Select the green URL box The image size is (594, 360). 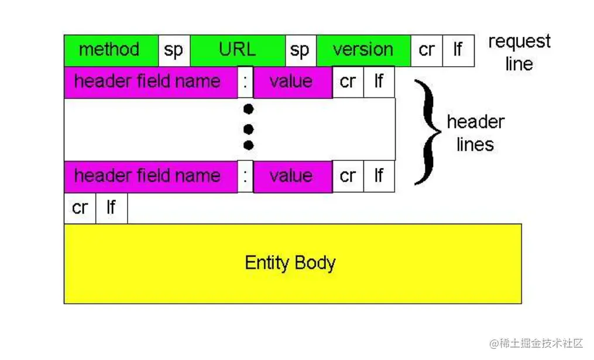(x=238, y=50)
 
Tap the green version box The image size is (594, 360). (x=363, y=50)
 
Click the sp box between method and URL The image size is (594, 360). (x=174, y=50)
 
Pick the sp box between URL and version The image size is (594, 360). (x=300, y=50)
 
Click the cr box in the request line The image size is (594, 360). (x=427, y=50)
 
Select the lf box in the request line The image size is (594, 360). (x=458, y=50)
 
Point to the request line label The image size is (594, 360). (x=519, y=53)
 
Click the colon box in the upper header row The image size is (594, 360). (x=246, y=82)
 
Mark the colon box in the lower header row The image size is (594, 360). (x=246, y=176)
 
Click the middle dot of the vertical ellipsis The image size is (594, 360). (x=249, y=128)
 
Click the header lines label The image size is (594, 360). (x=475, y=133)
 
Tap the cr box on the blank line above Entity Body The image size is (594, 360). (x=80, y=208)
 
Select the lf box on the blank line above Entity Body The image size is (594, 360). (x=111, y=208)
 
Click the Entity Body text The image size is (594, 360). (x=290, y=263)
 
